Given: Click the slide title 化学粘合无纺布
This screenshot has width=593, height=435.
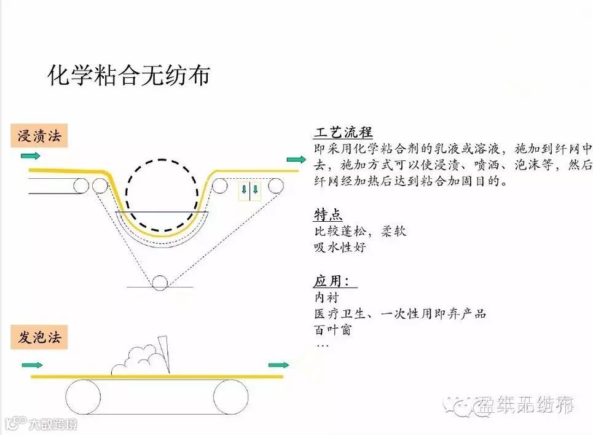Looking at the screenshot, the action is (128, 75).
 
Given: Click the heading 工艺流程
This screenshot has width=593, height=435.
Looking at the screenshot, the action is (343, 133).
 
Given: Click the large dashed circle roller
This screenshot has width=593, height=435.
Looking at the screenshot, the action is (163, 195).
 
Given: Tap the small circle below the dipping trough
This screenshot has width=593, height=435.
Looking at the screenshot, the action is (160, 282).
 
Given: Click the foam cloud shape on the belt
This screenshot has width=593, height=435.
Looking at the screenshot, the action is (138, 359).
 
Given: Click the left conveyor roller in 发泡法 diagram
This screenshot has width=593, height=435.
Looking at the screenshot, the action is (83, 396).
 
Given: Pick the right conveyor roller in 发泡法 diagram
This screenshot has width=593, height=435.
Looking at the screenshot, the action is (230, 396).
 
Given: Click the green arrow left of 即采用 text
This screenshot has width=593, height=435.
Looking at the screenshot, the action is (296, 160).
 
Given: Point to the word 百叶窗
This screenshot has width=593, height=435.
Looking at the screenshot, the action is (332, 330).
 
